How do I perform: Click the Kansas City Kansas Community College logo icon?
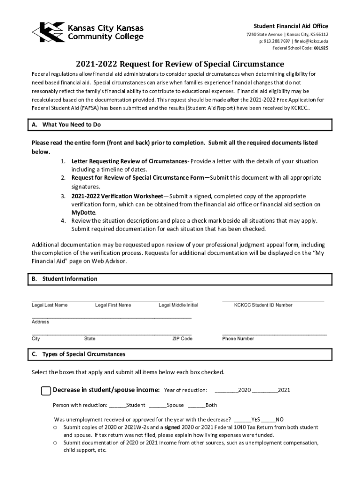[x=49, y=32]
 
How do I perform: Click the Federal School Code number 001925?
[x=321, y=48]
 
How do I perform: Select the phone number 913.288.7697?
[x=275, y=41]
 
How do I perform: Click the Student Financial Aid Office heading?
[x=291, y=26]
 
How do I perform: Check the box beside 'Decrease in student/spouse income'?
[x=46, y=391]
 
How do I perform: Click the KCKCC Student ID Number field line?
[x=273, y=300]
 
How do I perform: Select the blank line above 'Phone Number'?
[x=274, y=334]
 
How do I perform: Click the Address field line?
[x=111, y=318]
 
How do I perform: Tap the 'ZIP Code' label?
[x=182, y=339]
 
